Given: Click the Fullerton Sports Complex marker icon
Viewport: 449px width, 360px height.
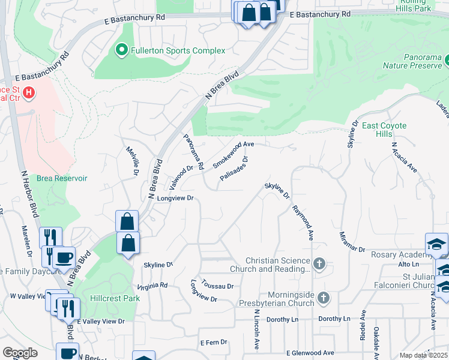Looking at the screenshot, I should [x=122, y=50].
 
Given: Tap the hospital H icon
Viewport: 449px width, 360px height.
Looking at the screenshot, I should [x=28, y=94].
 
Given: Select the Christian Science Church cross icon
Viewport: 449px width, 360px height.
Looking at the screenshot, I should [x=319, y=263].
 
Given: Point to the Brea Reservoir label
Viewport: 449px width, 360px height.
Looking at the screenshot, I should [x=62, y=178].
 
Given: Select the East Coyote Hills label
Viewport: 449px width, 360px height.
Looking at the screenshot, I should [x=384, y=130].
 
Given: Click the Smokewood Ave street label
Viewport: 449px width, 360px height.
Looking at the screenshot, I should [x=234, y=152].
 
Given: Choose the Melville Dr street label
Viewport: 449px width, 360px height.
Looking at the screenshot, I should [x=131, y=161].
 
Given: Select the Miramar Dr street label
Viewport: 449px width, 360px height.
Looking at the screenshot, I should [x=352, y=241].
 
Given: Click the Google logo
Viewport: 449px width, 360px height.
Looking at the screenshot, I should [x=20, y=353].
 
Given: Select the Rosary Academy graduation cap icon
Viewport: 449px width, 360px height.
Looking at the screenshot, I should [x=436, y=244].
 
